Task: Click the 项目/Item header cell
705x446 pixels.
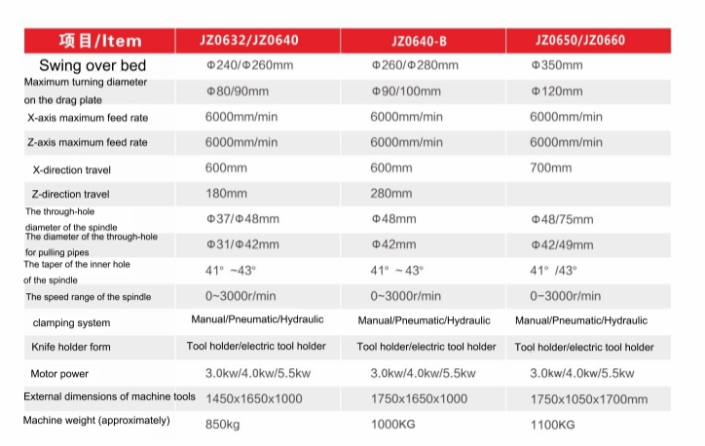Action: click(x=100, y=41)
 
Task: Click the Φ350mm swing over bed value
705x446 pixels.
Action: click(x=557, y=66)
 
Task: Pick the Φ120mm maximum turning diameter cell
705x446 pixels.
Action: click(x=557, y=92)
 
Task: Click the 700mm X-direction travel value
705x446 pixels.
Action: click(x=550, y=168)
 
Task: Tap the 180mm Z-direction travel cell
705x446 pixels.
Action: click(x=226, y=194)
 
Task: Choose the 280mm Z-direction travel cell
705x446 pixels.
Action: click(x=391, y=194)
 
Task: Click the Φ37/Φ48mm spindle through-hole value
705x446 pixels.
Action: click(x=242, y=219)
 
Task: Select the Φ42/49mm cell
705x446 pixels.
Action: click(x=562, y=244)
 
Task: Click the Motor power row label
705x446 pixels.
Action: click(x=59, y=373)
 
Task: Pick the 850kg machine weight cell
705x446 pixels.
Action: click(x=222, y=424)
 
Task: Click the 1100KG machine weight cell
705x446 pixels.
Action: click(x=553, y=424)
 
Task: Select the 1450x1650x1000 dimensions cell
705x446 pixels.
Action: click(x=255, y=398)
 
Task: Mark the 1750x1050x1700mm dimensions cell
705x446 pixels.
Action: click(x=588, y=398)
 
